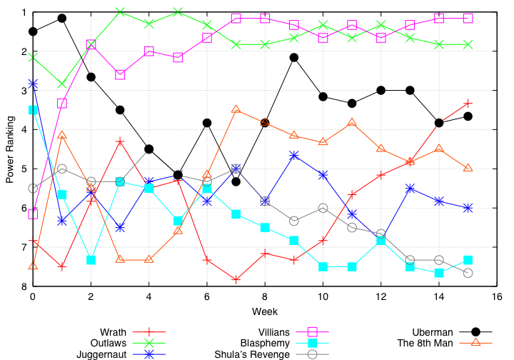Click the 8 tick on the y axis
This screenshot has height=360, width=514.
tap(24, 286)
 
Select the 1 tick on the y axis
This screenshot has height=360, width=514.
tap(24, 13)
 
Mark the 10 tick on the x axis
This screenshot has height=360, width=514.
tap(323, 297)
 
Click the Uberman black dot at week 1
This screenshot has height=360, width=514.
tap(62, 18)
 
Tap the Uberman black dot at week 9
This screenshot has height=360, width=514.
tap(294, 57)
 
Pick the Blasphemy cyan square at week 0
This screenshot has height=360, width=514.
tap(33, 110)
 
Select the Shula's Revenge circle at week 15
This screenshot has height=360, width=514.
tap(468, 273)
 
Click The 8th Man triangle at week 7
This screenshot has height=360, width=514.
tap(236, 109)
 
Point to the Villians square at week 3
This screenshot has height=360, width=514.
tap(120, 75)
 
